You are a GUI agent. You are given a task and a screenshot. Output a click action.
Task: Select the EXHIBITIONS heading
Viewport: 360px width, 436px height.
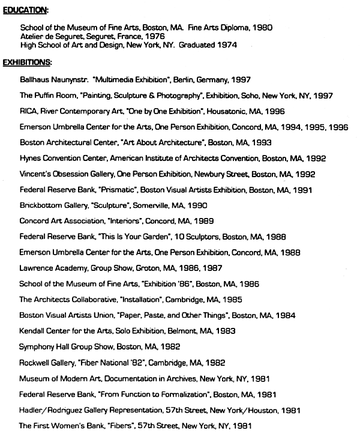pos(27,62)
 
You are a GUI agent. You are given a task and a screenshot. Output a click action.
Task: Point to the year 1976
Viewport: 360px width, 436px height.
pos(152,36)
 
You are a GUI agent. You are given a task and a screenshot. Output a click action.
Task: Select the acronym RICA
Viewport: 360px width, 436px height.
pos(28,111)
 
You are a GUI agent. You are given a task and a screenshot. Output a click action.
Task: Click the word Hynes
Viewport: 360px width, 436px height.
pos(30,159)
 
